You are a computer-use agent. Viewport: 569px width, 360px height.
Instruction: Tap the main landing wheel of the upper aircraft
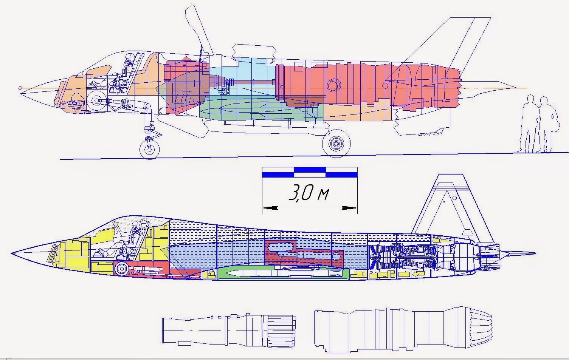tap(336, 144)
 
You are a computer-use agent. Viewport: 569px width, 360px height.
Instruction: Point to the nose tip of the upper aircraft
tap(20, 88)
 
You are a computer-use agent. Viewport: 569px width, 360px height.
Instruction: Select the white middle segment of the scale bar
tap(310, 174)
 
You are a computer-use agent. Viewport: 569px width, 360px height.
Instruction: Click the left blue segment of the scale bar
tap(278, 174)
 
